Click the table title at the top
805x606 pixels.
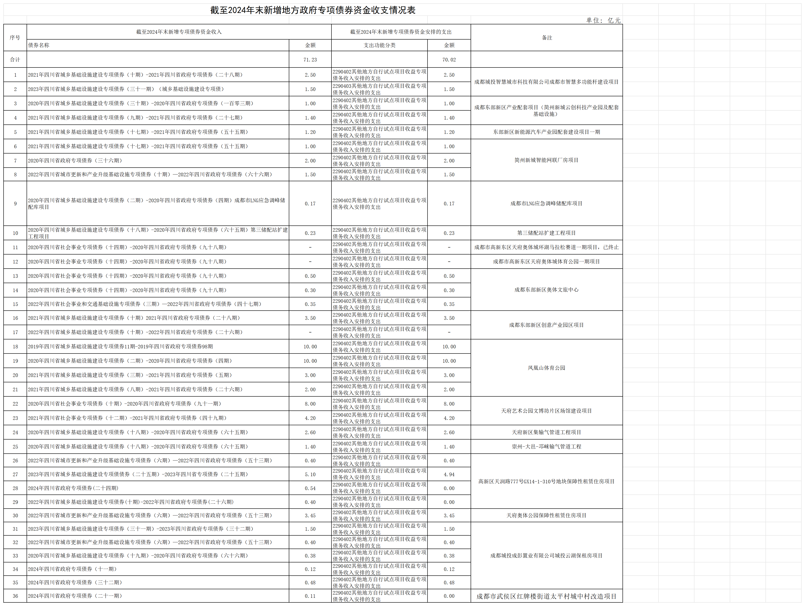(313, 10)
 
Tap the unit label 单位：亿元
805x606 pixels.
(603, 20)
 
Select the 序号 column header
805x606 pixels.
(15, 38)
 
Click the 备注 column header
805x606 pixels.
(547, 38)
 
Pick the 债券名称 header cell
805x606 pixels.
(39, 45)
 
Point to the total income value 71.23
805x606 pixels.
(310, 60)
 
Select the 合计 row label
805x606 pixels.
(15, 60)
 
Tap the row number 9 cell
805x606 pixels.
(15, 204)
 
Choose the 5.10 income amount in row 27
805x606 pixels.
(310, 474)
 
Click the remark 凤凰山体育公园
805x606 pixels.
(546, 368)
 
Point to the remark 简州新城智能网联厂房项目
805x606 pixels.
(546, 160)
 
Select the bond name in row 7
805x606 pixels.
(75, 160)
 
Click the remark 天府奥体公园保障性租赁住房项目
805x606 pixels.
(546, 515)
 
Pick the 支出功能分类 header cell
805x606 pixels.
(379, 45)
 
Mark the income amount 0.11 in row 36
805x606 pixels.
(310, 596)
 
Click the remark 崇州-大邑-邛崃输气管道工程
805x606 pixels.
(546, 447)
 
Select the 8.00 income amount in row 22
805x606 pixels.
(310, 404)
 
